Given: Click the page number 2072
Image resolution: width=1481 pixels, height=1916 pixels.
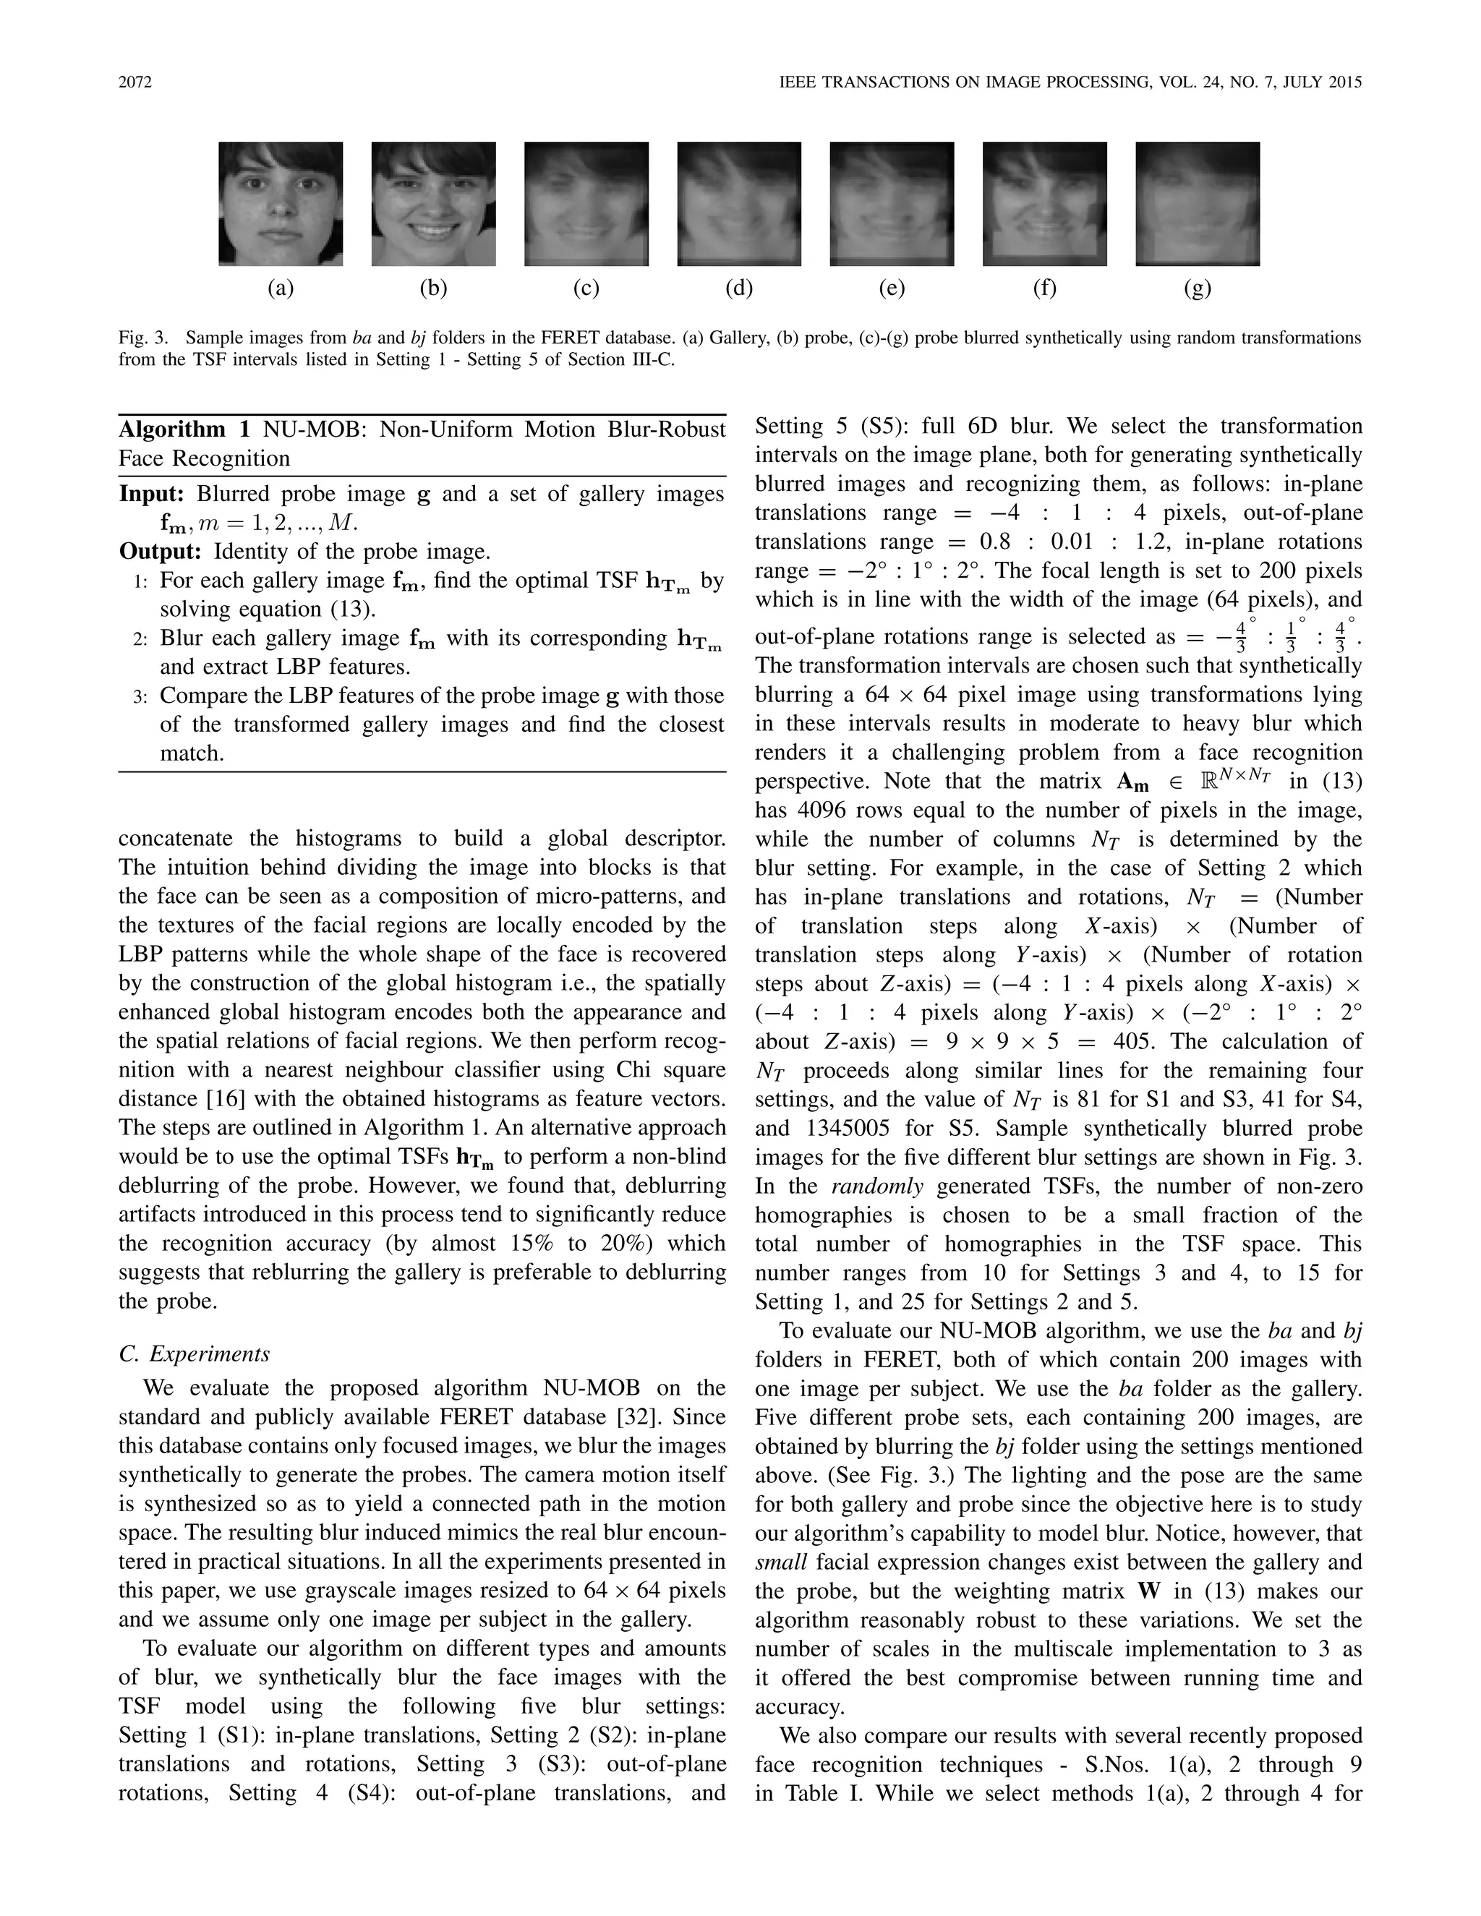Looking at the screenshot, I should click(x=135, y=82).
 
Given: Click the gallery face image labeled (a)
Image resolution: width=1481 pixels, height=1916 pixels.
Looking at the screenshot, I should click(x=281, y=204).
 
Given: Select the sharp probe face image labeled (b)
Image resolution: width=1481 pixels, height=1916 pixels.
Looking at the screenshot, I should click(x=433, y=204).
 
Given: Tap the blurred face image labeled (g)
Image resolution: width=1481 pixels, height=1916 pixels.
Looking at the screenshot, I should click(x=1197, y=204).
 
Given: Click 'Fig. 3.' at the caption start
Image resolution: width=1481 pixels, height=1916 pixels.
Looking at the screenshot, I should click(x=140, y=338).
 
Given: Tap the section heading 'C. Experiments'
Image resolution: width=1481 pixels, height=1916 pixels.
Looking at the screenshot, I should click(x=194, y=1353).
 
